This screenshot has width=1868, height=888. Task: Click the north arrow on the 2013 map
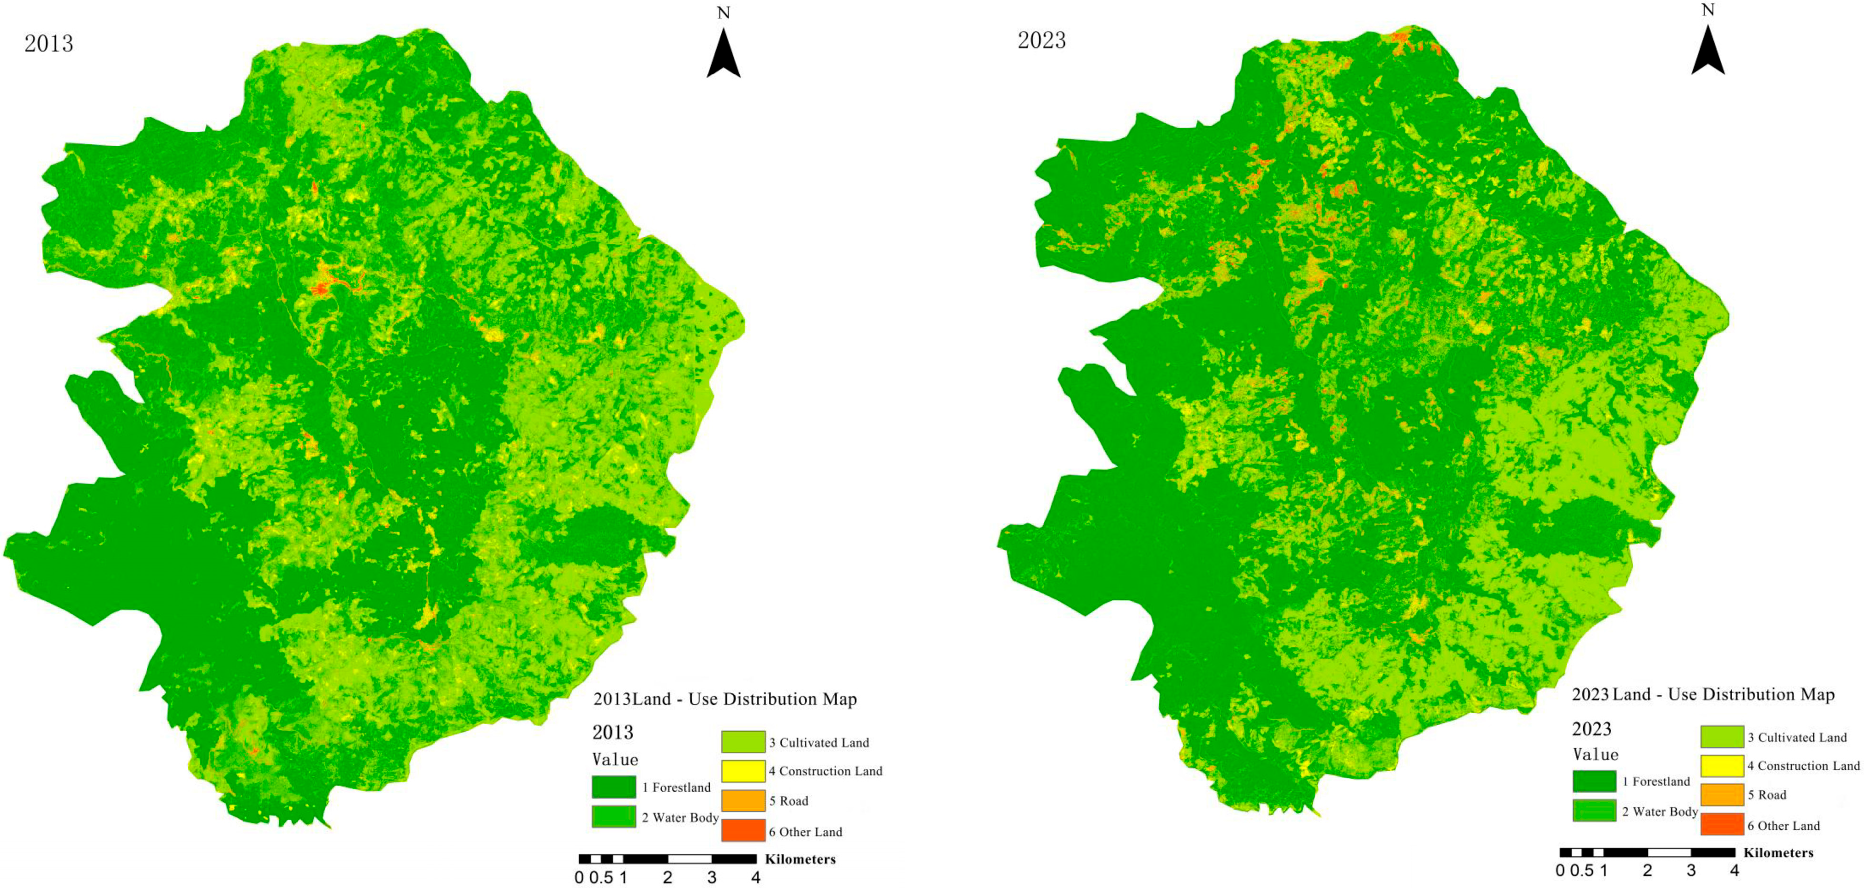723,54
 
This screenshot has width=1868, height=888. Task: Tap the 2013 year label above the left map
49,43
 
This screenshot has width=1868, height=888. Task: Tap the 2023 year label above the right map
1041,40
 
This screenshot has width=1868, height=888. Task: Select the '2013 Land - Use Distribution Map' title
725,699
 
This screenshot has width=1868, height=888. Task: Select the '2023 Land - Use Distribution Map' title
1703,695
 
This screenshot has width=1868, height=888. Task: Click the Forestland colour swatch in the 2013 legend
614,787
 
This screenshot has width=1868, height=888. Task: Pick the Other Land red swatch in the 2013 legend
743,831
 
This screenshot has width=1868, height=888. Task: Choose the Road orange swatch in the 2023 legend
1722,795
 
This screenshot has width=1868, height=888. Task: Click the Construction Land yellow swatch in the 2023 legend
1722,766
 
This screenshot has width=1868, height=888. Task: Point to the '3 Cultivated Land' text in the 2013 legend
818,742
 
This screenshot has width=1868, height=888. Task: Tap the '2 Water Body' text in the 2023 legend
1660,812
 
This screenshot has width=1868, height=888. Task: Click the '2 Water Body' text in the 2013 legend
679,817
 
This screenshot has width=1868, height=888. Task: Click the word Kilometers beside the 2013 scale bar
800,859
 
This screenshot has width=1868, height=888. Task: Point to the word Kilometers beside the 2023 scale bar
1778,852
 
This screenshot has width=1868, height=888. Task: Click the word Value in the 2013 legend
615,760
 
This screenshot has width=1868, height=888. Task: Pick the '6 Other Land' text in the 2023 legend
1783,826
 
